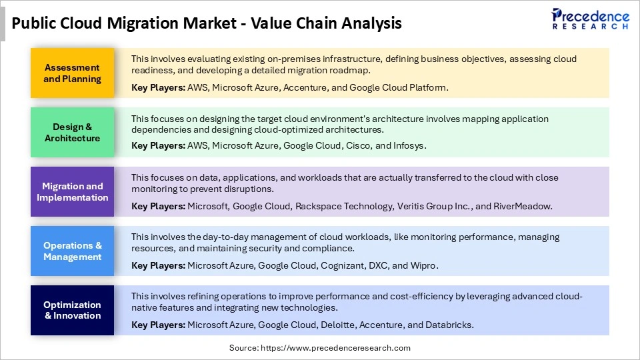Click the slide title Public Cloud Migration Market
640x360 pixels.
tap(207, 24)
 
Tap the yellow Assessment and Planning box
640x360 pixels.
tap(72, 73)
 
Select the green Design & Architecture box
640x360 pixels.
tap(72, 133)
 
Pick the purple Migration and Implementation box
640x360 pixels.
tap(72, 192)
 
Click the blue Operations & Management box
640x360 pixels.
tap(72, 251)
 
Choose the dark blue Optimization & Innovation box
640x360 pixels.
tap(72, 311)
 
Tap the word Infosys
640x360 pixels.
tap(408, 145)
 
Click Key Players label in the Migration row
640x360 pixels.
tap(158, 206)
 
